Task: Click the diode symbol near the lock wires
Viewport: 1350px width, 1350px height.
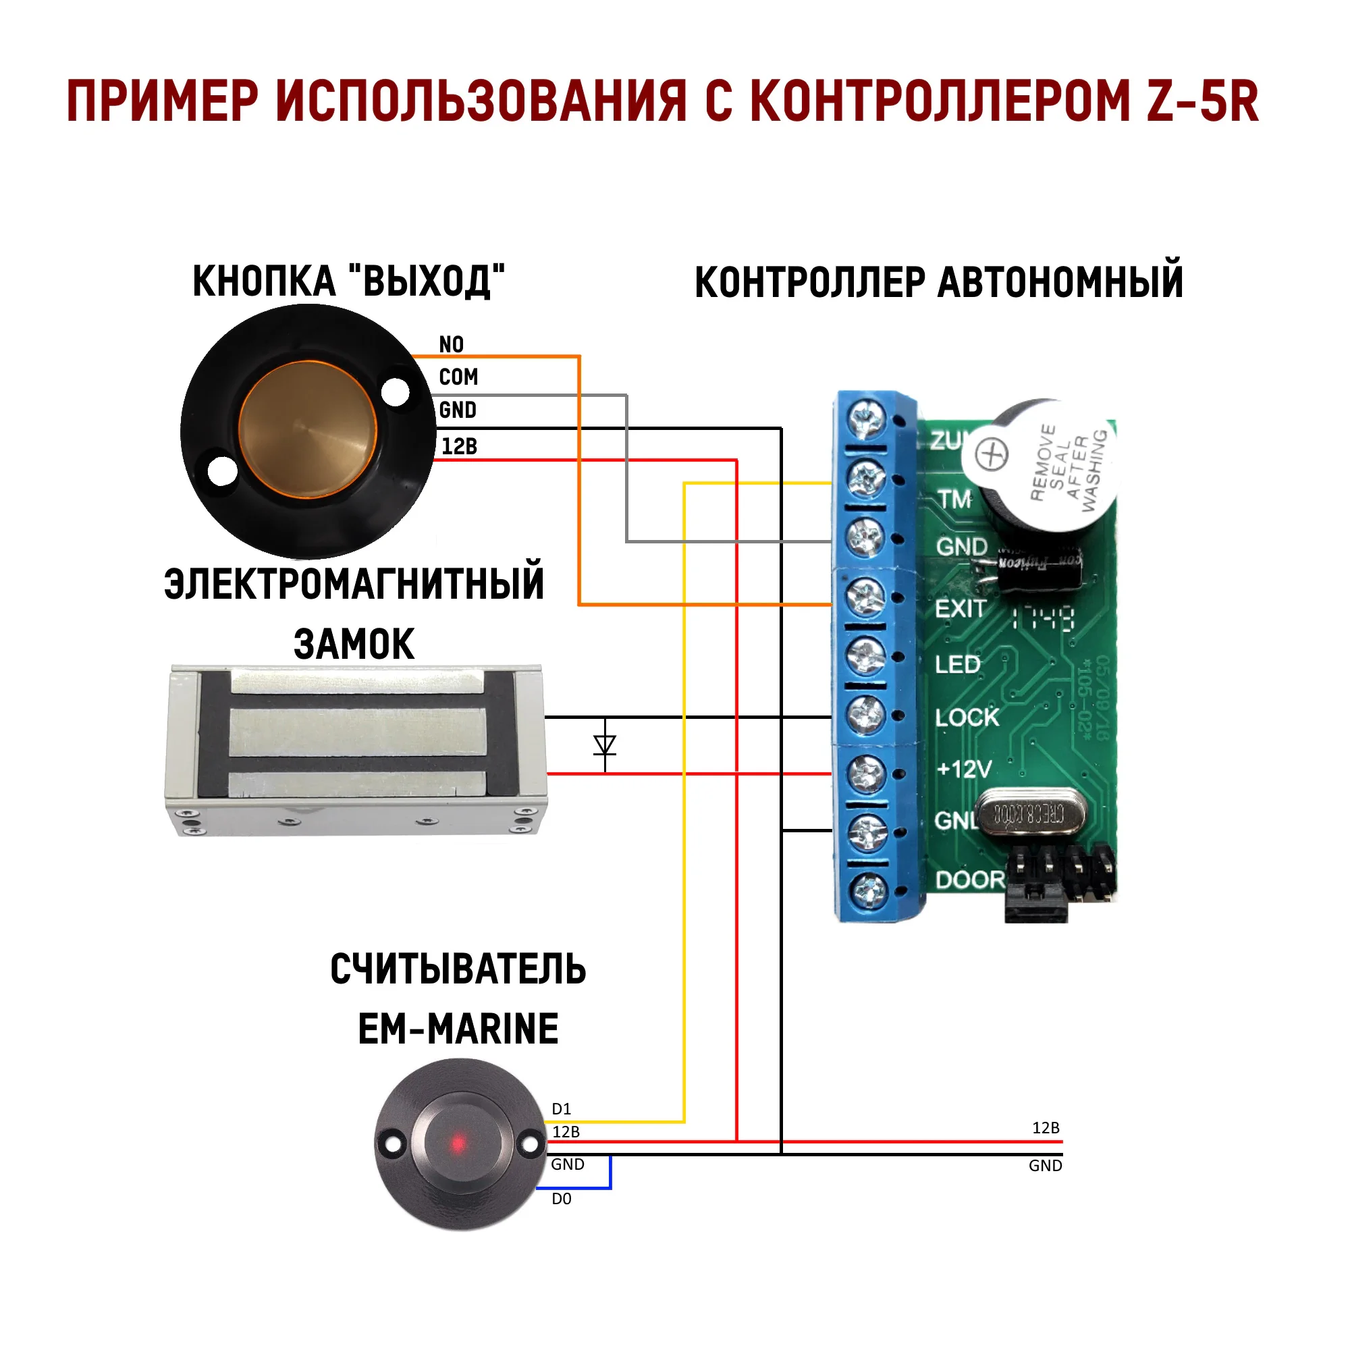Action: coord(604,745)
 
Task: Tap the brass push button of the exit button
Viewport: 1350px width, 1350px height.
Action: coord(307,429)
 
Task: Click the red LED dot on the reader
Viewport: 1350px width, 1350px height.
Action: coord(458,1144)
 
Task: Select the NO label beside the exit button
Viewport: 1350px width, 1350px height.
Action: coord(451,344)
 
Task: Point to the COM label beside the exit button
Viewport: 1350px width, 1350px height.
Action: coord(458,377)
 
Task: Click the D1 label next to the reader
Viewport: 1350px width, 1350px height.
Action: coord(561,1109)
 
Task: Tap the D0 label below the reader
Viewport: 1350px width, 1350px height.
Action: coord(561,1199)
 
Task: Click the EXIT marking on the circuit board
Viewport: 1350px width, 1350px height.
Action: coord(960,610)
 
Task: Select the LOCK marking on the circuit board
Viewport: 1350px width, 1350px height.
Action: coord(967,718)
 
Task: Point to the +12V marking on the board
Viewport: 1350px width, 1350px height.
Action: coord(964,769)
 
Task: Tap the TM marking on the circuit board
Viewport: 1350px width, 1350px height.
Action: coord(954,500)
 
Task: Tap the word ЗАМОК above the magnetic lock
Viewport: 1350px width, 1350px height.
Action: coord(354,643)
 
